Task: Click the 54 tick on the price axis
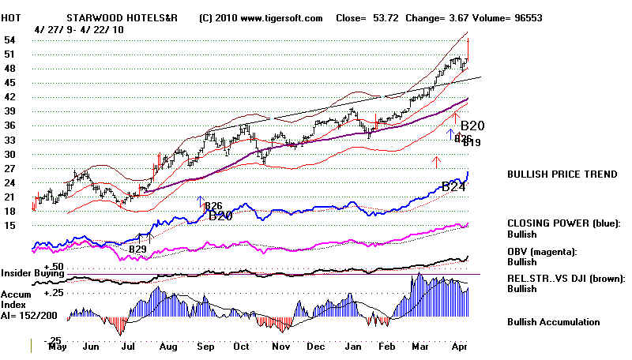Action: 11,39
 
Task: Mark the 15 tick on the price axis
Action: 11,225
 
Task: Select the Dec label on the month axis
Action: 316,346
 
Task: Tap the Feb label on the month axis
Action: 387,346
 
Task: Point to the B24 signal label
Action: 453,187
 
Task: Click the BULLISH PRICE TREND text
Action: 562,174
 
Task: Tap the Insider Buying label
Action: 34,273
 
